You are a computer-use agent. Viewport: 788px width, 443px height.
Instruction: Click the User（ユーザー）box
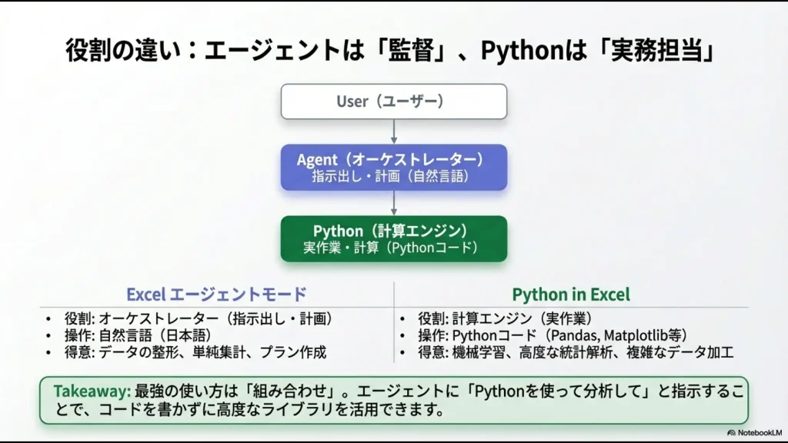393,101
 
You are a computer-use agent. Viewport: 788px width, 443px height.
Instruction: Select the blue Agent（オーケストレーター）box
393,167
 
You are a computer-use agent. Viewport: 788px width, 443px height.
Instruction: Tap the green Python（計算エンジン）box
393,238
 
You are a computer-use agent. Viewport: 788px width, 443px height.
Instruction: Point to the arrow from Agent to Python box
394,202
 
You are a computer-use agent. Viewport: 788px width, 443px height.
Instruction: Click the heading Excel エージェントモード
216,294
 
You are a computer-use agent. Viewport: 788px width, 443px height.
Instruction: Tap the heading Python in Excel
571,294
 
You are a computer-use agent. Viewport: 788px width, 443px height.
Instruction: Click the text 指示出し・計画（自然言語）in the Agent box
393,176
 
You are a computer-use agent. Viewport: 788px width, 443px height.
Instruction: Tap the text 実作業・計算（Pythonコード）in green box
393,248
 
